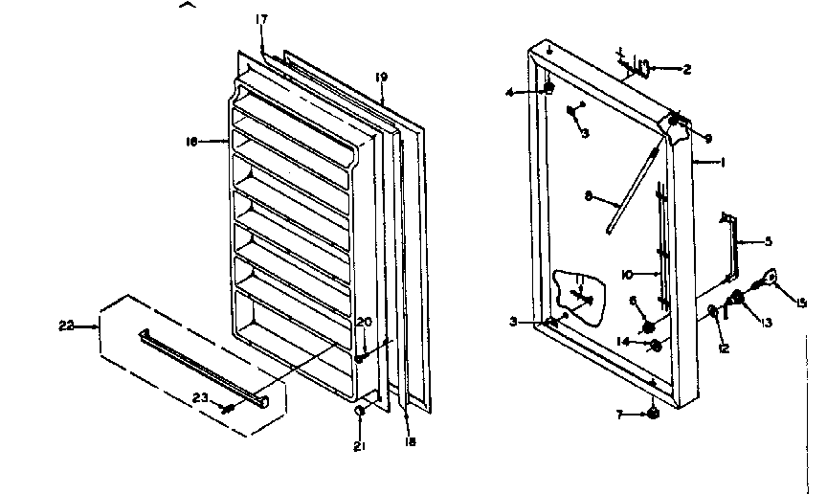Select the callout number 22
point(64,326)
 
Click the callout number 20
point(364,322)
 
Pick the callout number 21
point(358,446)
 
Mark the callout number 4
point(511,92)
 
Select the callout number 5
point(768,242)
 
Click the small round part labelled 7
point(652,414)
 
